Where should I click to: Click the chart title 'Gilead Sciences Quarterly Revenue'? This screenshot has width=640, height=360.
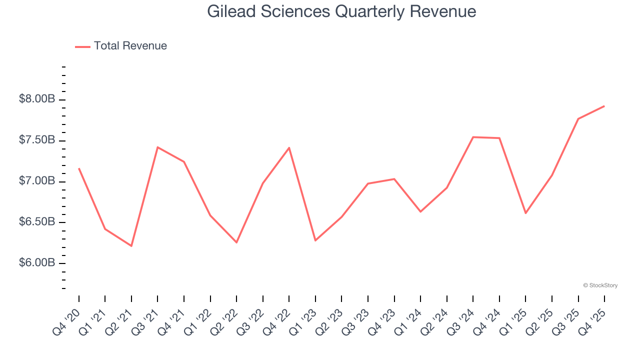coord(341,11)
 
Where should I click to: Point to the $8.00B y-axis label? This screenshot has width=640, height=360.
coord(37,99)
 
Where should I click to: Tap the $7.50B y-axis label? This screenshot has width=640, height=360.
coord(37,140)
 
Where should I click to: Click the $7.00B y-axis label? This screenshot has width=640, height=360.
coord(37,181)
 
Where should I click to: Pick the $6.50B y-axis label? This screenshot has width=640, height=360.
coord(37,222)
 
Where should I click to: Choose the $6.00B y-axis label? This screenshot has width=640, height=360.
coord(37,263)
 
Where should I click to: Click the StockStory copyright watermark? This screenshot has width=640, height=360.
coord(600,285)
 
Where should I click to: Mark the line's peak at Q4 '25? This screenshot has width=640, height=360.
coord(604,106)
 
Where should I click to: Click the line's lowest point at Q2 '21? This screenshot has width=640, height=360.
coord(131,246)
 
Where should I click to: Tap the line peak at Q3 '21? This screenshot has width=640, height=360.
coord(157,147)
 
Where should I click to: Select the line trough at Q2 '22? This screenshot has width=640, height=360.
coord(236,242)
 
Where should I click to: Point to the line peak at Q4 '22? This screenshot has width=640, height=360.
coord(289,147)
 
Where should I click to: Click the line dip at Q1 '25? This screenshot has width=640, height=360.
coord(525,213)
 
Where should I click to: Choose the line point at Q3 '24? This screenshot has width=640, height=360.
coord(473,137)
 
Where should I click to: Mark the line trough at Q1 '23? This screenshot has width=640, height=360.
coord(315,240)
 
